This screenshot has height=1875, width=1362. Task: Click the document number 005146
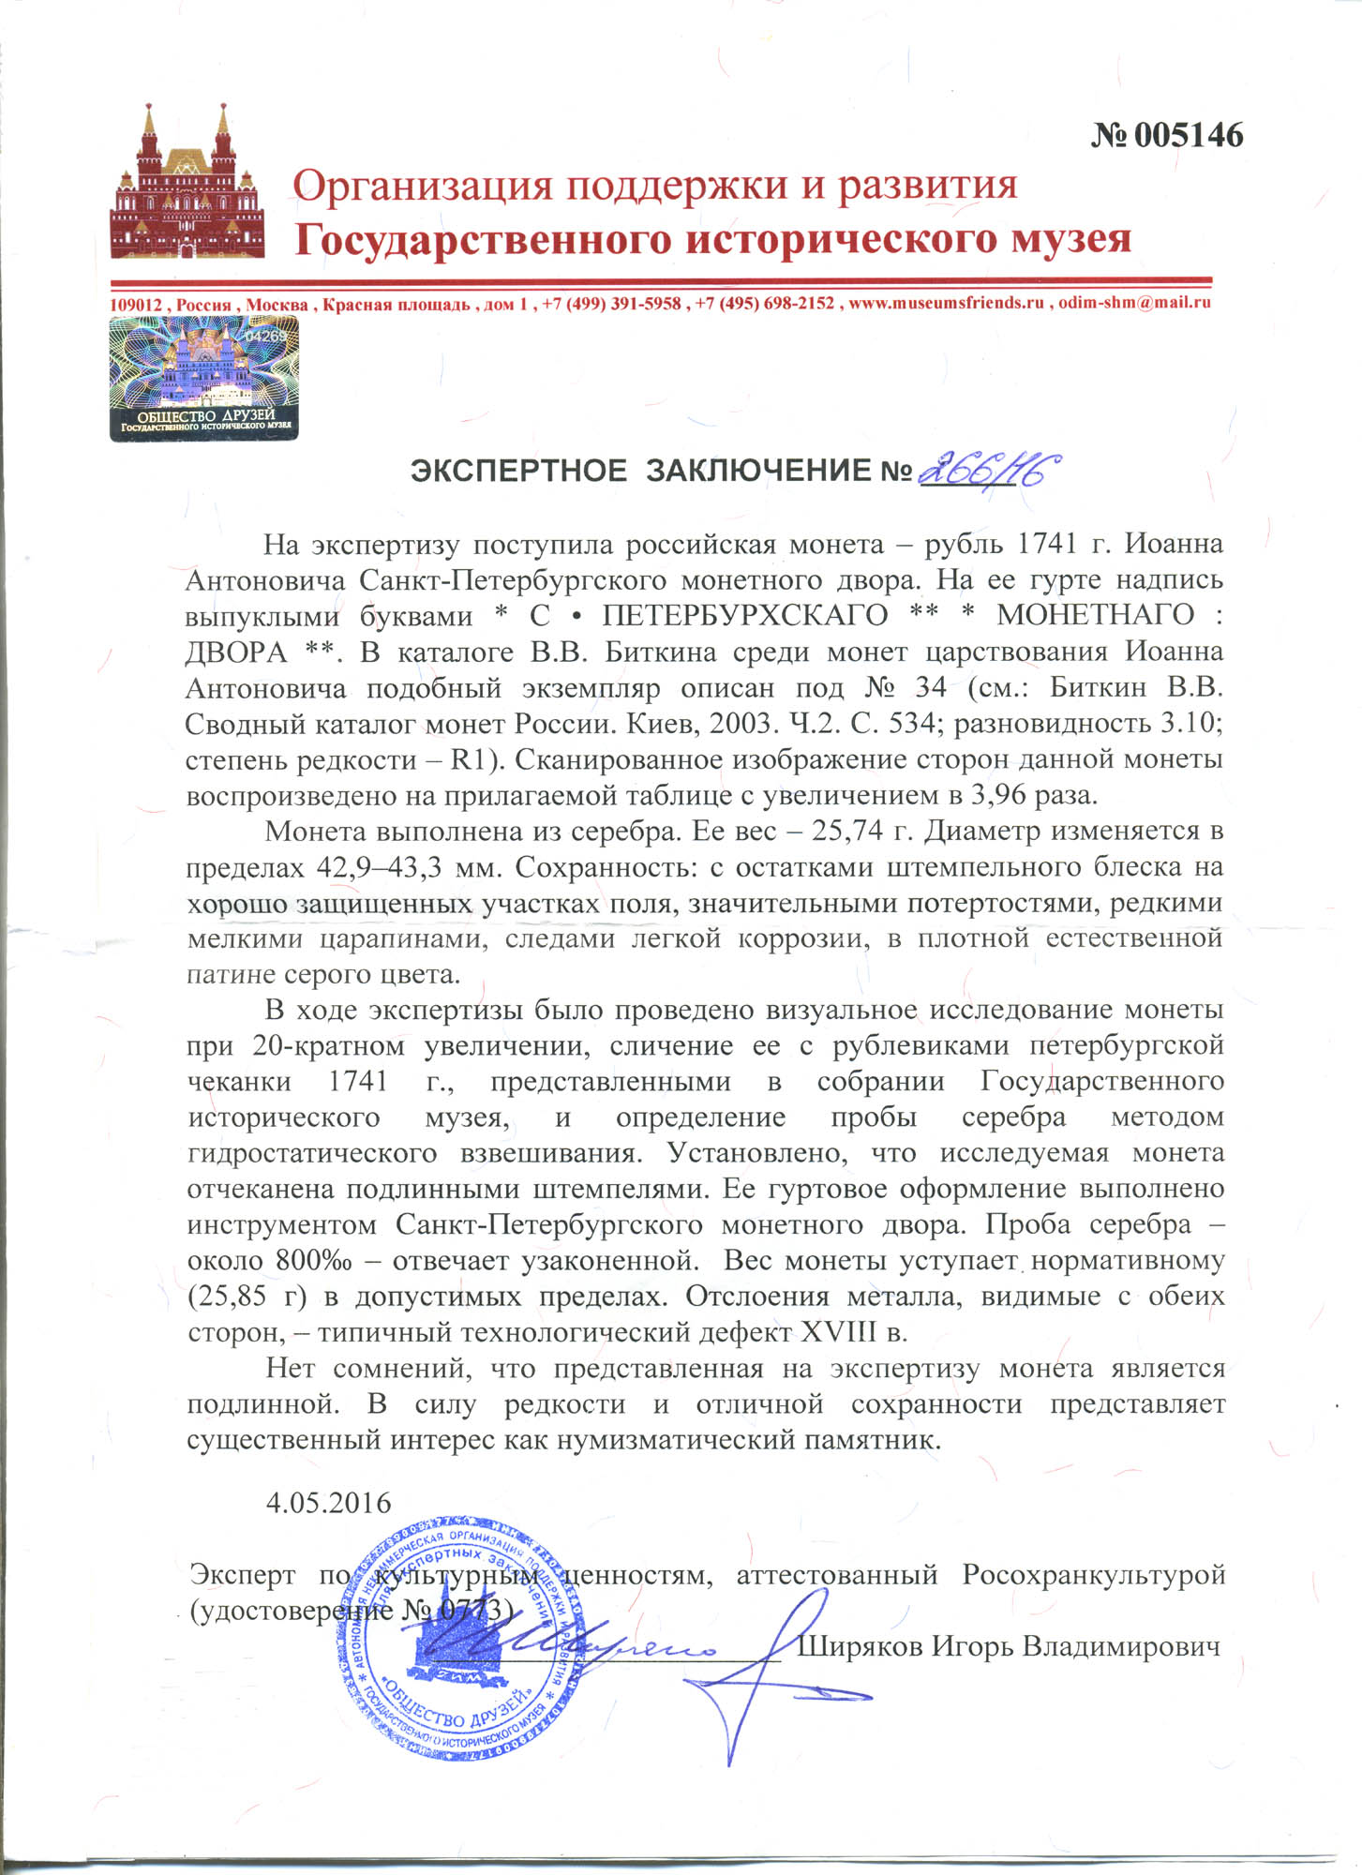pos(1167,136)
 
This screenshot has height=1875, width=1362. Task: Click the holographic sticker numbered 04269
pos(204,379)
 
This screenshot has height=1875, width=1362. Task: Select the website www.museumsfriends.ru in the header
pos(947,303)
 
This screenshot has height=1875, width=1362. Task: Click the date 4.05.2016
pos(328,1503)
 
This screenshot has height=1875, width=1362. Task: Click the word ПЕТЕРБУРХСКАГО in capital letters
pos(744,616)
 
